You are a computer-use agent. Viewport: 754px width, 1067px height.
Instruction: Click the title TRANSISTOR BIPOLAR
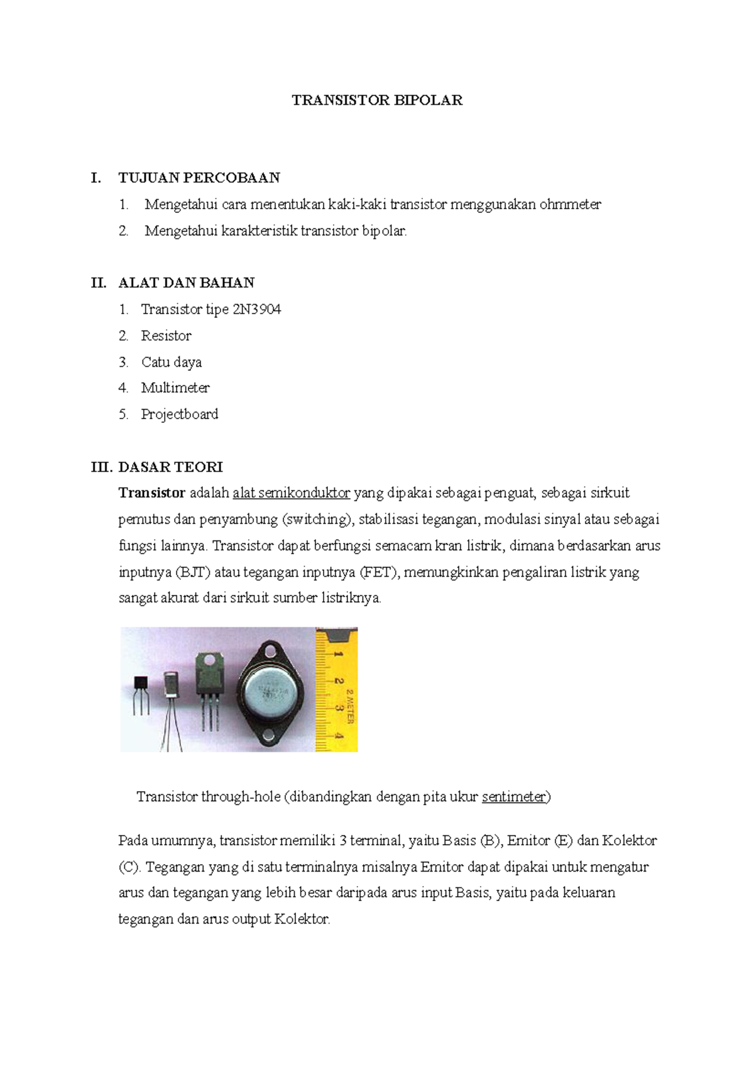(x=377, y=101)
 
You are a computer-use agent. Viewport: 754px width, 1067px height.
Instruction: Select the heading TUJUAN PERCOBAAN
(x=199, y=178)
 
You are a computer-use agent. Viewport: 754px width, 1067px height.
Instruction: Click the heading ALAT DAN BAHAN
(x=186, y=283)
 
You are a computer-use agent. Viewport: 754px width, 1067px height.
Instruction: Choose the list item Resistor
(x=166, y=336)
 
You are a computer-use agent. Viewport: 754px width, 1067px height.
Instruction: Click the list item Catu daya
(x=171, y=362)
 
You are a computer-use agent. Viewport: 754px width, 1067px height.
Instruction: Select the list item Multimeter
(x=175, y=388)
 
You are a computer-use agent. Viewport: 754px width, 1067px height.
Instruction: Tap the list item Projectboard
(x=179, y=414)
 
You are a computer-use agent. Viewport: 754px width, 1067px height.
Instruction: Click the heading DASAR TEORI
(x=170, y=467)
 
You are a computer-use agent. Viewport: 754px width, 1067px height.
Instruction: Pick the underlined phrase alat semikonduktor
(x=291, y=493)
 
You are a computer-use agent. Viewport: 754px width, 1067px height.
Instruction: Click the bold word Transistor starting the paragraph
(x=151, y=493)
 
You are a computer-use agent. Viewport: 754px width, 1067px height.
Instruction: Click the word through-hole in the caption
(x=241, y=797)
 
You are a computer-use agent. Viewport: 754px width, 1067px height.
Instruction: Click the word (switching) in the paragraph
(x=318, y=520)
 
